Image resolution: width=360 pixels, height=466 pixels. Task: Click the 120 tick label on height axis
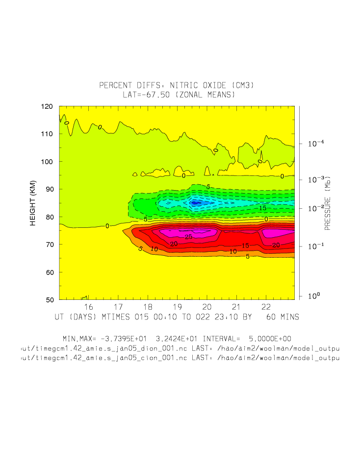47,106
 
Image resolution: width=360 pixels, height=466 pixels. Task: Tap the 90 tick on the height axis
49,189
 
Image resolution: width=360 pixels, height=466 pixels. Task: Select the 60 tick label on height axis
49,272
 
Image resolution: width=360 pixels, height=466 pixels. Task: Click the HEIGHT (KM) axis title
33,202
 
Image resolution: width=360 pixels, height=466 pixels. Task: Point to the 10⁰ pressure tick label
314,296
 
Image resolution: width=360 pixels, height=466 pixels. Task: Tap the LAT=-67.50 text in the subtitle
145,95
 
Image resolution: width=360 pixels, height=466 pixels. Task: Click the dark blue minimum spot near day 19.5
195,202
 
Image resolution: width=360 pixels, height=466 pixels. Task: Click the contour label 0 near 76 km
107,226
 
